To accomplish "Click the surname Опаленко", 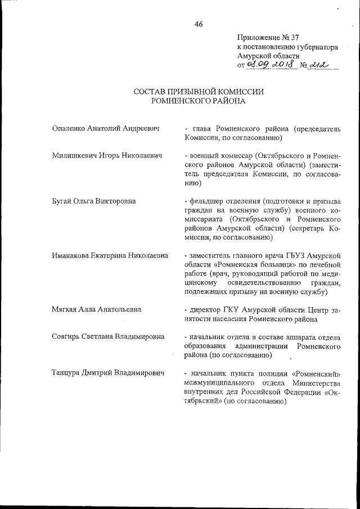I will click(x=68, y=128).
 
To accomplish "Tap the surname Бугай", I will click(x=61, y=200).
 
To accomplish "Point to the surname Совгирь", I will click(x=67, y=337).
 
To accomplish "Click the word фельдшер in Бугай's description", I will click(x=206, y=200).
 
